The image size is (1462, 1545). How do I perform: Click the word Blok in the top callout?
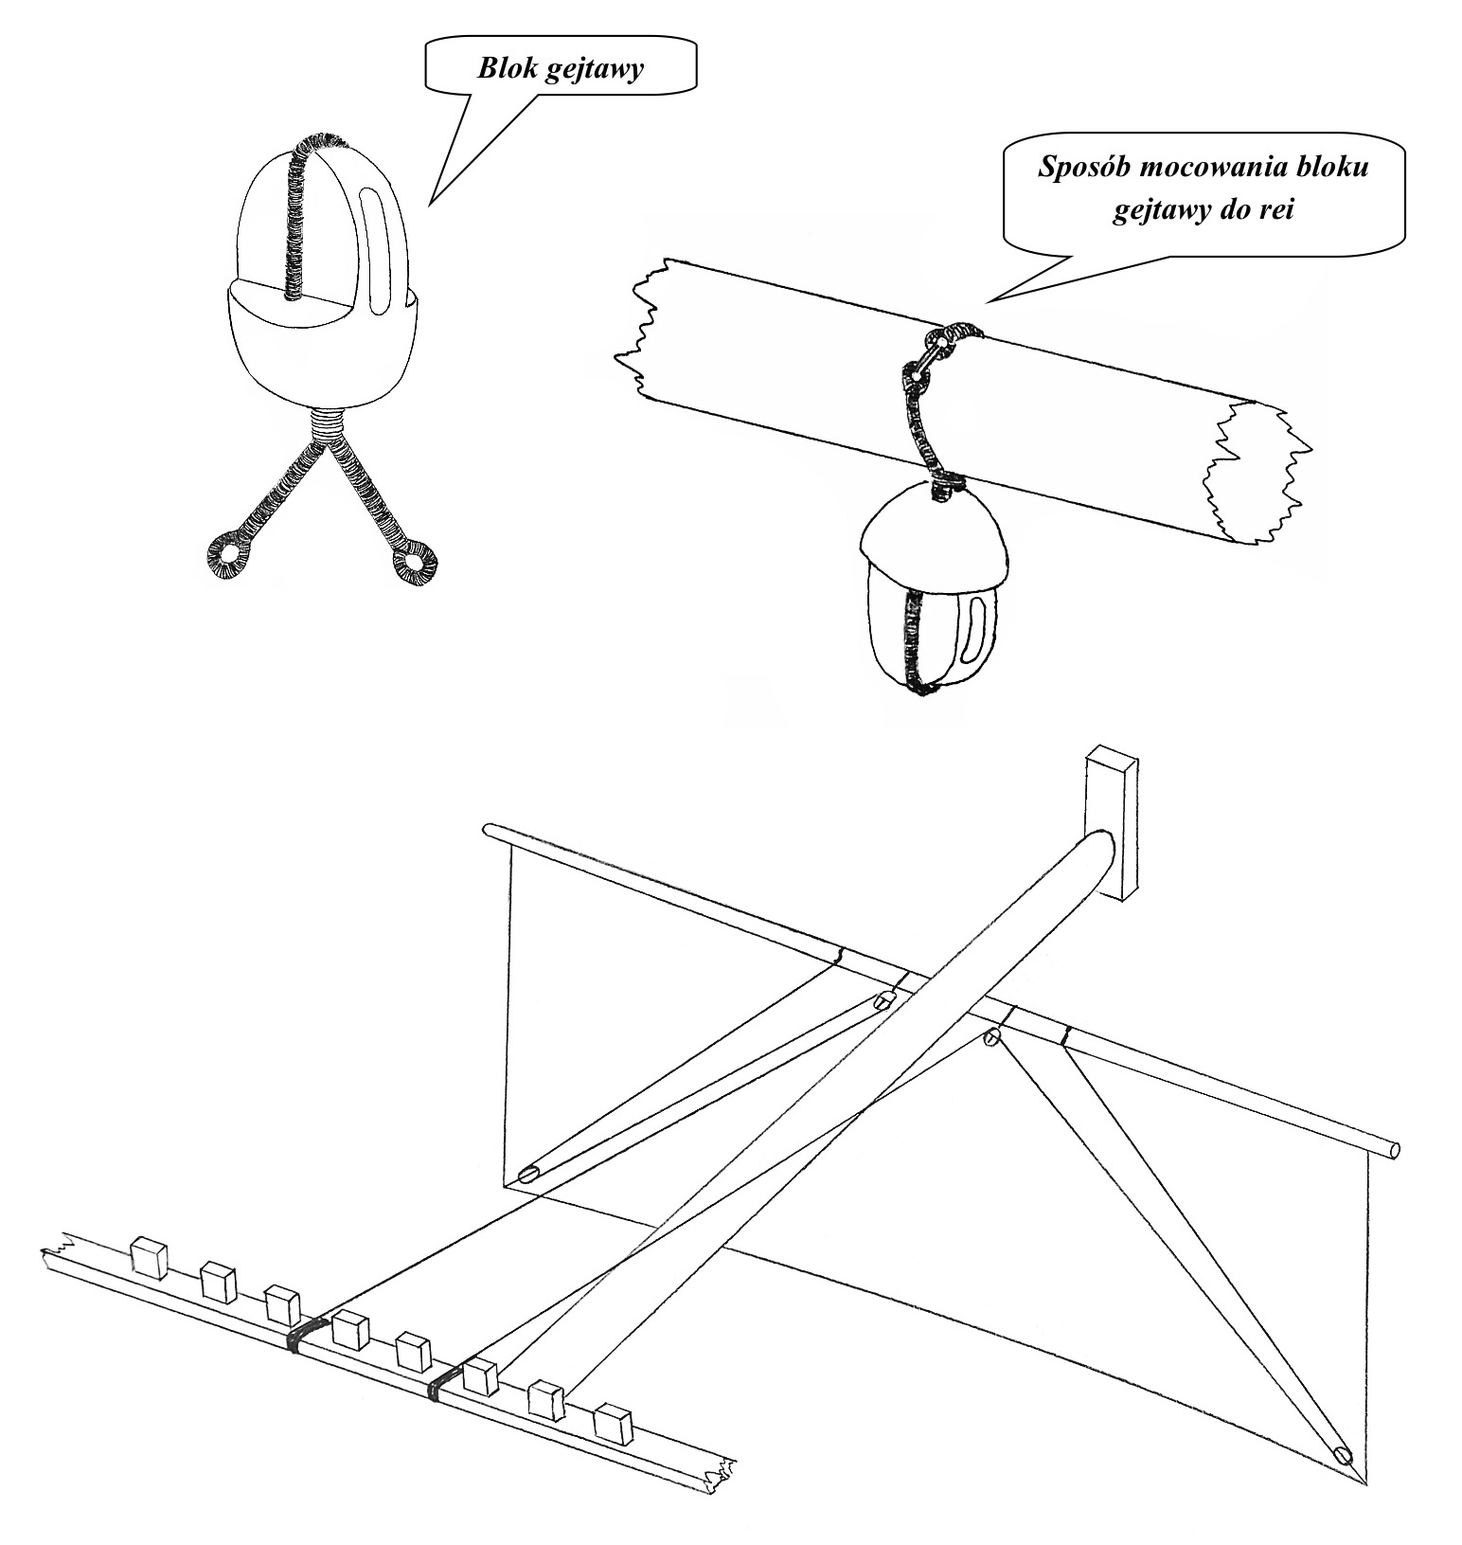pos(508,69)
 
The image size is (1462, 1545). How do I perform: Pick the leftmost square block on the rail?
pos(150,1257)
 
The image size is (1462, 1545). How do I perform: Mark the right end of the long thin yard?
pos(1393,1150)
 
